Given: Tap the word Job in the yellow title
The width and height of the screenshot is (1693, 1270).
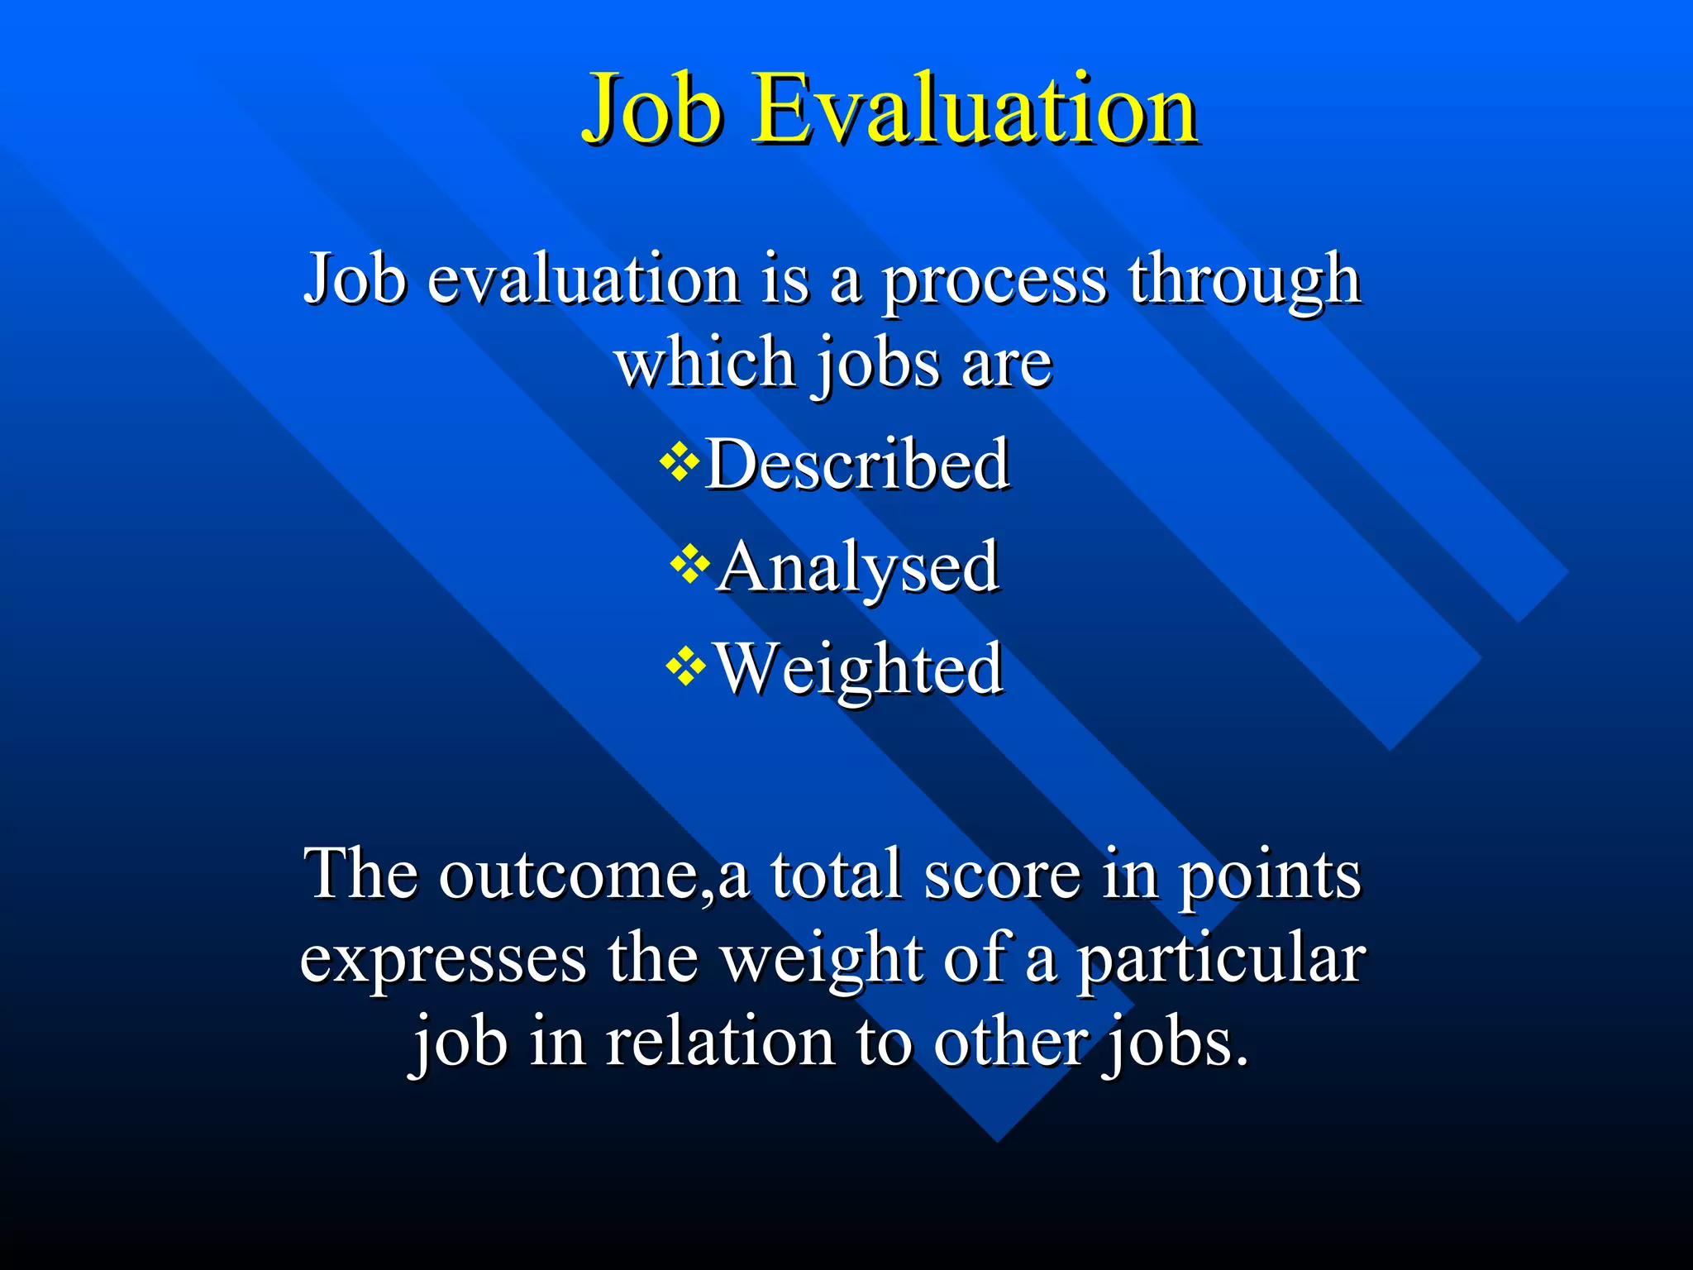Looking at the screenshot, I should [x=653, y=109].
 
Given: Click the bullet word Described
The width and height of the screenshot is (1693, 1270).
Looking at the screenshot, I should [x=856, y=465].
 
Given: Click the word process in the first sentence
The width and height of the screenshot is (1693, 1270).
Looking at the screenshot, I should [x=994, y=281].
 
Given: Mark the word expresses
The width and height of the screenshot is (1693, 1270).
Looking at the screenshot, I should [x=443, y=961].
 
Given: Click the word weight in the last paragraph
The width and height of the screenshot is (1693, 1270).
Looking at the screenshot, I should [x=821, y=961].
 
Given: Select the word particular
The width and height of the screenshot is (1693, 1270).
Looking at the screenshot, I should [x=1220, y=961].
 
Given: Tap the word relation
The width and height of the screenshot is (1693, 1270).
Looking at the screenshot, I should [x=720, y=1043].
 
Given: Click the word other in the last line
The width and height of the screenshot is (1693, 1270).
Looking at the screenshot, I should [x=1009, y=1043].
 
